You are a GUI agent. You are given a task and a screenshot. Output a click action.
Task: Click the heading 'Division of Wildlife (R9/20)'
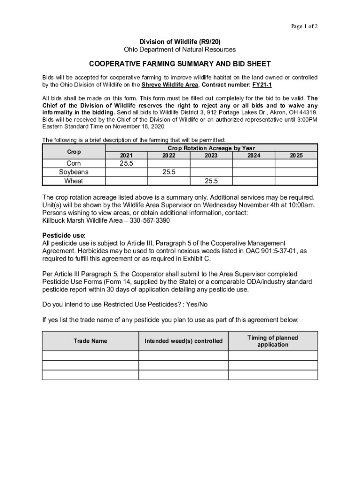point(180,42)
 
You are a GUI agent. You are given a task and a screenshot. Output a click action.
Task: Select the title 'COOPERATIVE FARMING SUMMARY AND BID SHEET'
point(180,64)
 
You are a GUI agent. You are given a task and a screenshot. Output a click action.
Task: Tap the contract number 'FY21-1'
point(262,85)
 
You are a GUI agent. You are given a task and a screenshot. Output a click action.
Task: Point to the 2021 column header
point(126,155)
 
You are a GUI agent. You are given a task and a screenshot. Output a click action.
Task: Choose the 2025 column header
point(296,155)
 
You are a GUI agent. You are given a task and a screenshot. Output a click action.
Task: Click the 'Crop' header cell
point(74,152)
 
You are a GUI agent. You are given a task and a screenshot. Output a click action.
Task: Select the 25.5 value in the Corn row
point(126,163)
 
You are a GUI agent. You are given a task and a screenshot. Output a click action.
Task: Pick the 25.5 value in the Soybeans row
point(169,172)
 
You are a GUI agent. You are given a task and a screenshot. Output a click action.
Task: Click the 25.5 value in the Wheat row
point(211,181)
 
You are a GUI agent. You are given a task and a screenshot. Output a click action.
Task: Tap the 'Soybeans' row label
point(74,172)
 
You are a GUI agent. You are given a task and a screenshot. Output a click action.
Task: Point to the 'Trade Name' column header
point(90,341)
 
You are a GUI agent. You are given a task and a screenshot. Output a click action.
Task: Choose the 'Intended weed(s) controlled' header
point(183,341)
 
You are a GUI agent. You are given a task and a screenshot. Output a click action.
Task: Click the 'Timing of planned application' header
point(273,341)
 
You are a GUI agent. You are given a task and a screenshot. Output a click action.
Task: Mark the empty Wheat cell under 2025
point(296,181)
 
